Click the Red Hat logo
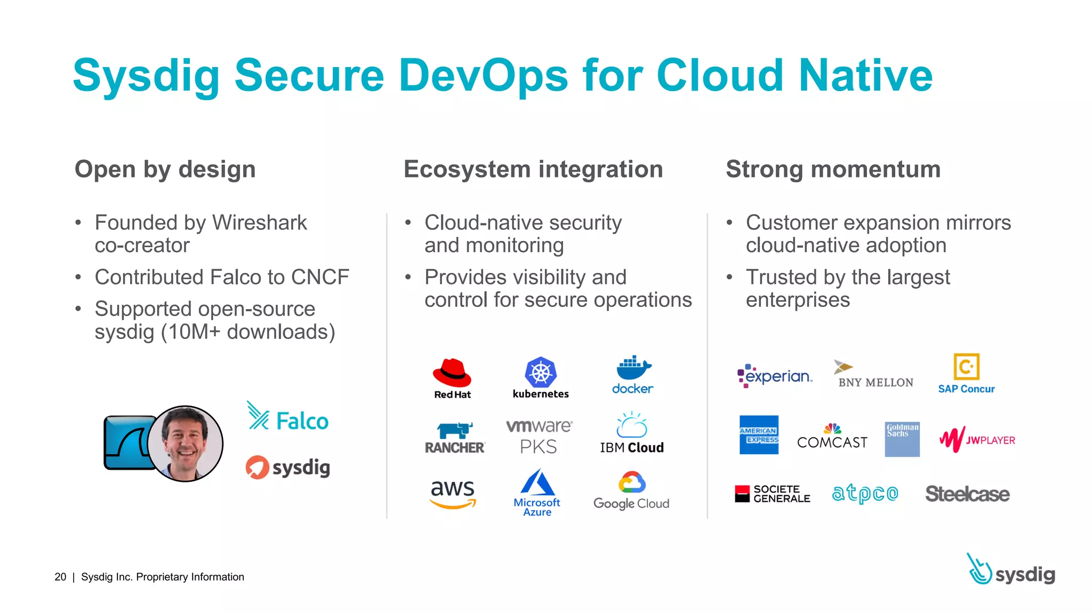[452, 377]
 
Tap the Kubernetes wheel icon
[541, 372]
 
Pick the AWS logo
[453, 494]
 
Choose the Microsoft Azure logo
[537, 492]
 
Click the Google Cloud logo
[632, 491]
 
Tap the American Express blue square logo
[759, 435]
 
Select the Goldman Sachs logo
[902, 439]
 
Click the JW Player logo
[977, 440]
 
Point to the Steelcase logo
[967, 494]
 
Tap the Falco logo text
[302, 422]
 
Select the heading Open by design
[165, 169]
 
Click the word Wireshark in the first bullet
[260, 223]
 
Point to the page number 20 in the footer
[60, 577]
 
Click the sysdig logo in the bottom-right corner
[1011, 570]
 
